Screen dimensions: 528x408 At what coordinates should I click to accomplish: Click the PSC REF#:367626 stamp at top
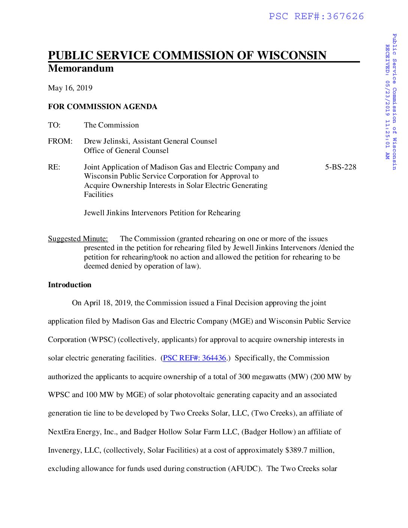click(x=316, y=16)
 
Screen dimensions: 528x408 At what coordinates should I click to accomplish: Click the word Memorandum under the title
click(x=81, y=68)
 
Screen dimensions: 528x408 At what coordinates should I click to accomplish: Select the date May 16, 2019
click(x=70, y=88)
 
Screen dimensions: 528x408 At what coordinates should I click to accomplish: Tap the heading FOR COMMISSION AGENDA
click(x=102, y=107)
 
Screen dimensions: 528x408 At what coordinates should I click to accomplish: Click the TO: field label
click(x=54, y=125)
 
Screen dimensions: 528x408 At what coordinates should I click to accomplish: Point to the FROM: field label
click(x=60, y=141)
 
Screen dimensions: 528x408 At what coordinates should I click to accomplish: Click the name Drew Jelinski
click(x=106, y=141)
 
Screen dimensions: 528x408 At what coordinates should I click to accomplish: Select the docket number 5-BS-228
click(x=340, y=167)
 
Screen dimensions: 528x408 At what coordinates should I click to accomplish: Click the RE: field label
click(x=54, y=167)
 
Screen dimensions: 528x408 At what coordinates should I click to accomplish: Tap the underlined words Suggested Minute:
click(x=78, y=239)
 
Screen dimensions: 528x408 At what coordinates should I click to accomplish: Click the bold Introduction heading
click(x=69, y=285)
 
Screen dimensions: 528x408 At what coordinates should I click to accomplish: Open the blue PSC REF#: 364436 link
click(x=195, y=358)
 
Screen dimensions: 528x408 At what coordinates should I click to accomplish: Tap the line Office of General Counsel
click(x=126, y=151)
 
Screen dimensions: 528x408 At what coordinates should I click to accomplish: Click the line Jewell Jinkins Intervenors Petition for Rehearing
click(x=162, y=213)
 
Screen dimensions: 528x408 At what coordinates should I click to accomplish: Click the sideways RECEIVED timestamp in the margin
click(x=387, y=102)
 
